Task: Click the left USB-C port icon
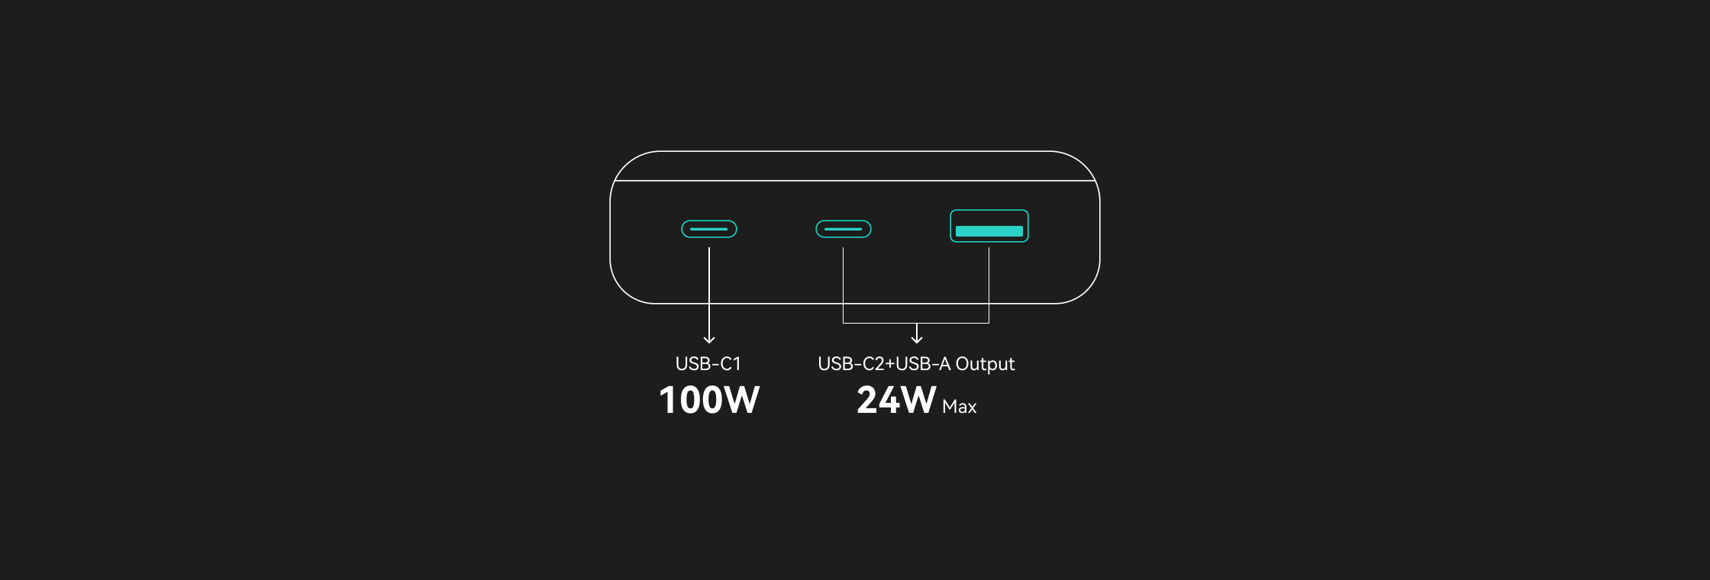[709, 229]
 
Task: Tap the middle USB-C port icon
[844, 229]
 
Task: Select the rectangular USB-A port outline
[989, 210]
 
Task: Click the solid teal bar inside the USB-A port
[989, 231]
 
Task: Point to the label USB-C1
[708, 364]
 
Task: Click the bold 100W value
[709, 400]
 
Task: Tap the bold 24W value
[896, 400]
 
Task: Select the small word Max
[960, 407]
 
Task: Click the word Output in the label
[985, 364]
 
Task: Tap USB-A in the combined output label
[923, 364]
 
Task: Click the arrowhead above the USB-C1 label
[709, 340]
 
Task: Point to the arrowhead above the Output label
[917, 339]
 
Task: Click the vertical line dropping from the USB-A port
[989, 285]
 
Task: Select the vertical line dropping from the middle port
[843, 285]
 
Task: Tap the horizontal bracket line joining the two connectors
[916, 323]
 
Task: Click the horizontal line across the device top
[855, 181]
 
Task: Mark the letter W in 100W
[740, 400]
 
